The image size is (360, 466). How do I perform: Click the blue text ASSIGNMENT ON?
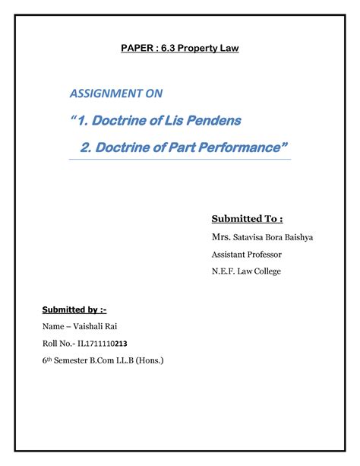point(116,94)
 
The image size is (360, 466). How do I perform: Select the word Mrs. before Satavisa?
point(221,237)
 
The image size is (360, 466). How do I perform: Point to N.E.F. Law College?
point(248,272)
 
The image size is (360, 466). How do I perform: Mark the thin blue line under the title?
point(179,160)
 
